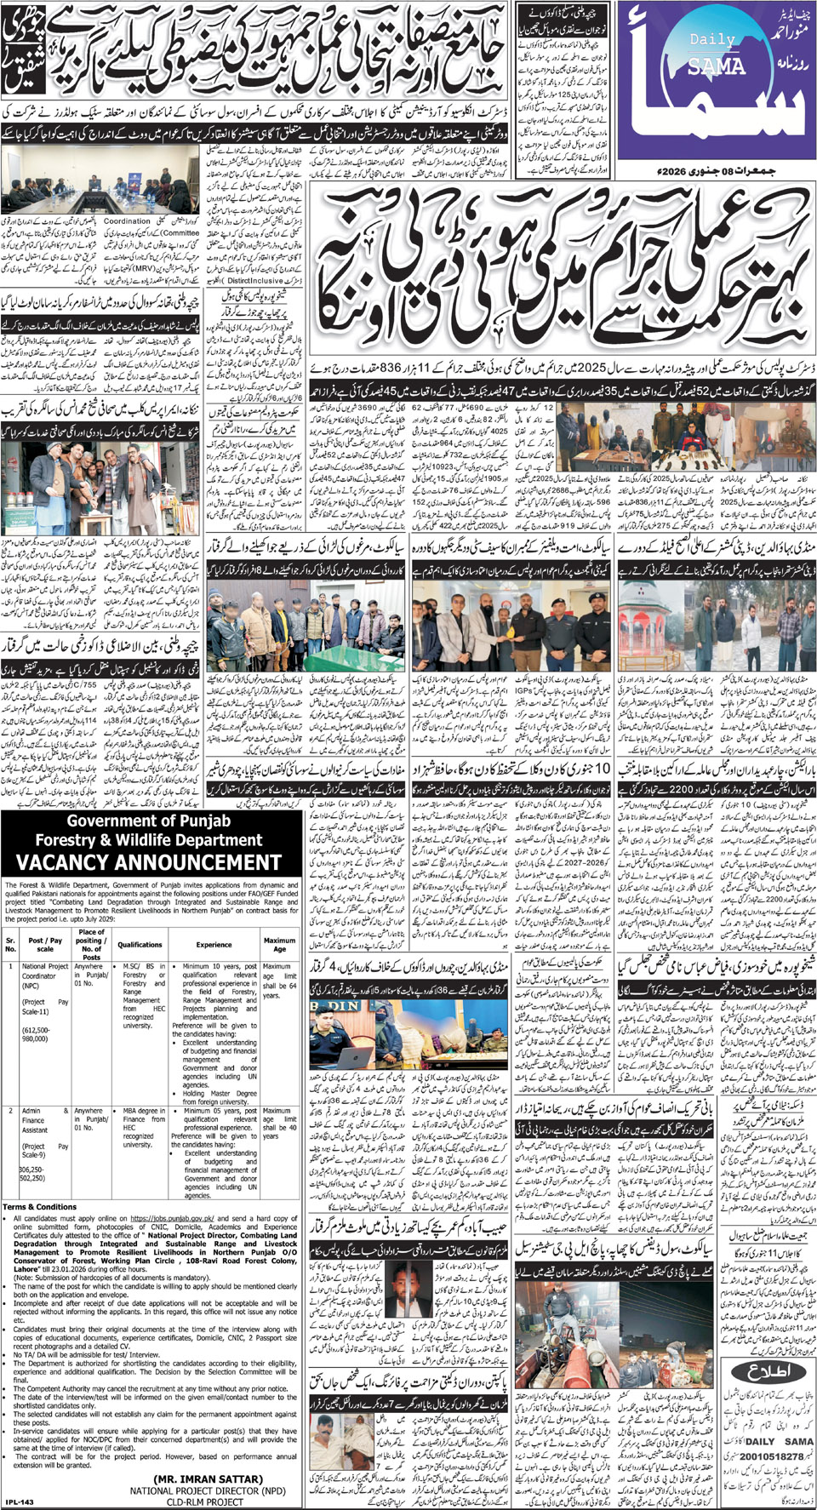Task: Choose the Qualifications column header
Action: (140, 945)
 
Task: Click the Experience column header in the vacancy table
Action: (214, 945)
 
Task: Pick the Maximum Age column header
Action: (279, 945)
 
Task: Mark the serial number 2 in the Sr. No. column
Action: (10, 1111)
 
